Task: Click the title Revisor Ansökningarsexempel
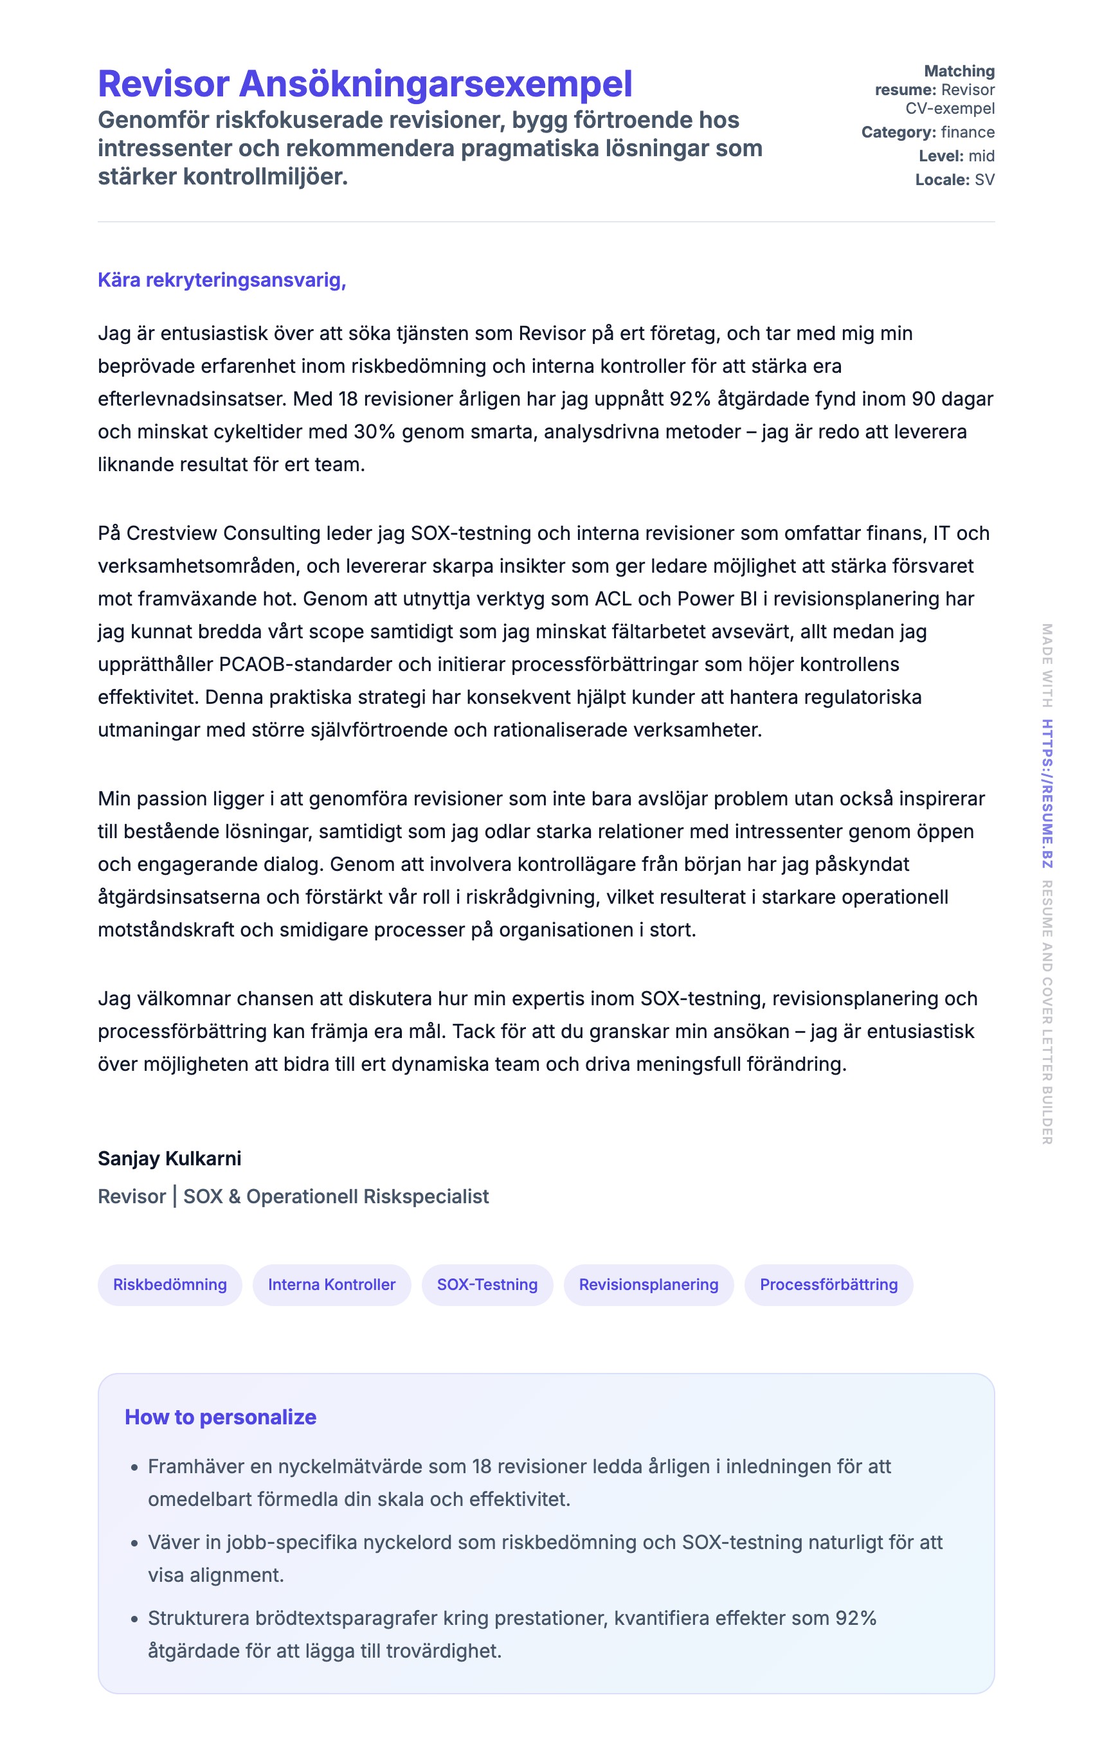tap(365, 84)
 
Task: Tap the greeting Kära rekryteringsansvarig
tap(222, 280)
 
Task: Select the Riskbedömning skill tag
tap(170, 1284)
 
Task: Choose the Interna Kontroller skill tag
tap(332, 1284)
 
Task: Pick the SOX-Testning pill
tap(487, 1284)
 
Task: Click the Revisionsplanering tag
tap(649, 1284)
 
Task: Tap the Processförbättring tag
tap(828, 1284)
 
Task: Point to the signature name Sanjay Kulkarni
tap(170, 1158)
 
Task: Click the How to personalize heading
tap(221, 1417)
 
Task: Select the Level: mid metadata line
tap(957, 156)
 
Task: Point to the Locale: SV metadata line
tap(954, 180)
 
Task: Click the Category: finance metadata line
tap(928, 132)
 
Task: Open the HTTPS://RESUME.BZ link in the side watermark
tap(1047, 793)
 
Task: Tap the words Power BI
tap(716, 599)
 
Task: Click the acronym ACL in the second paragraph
tap(613, 599)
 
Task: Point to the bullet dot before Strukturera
tap(134, 1620)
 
